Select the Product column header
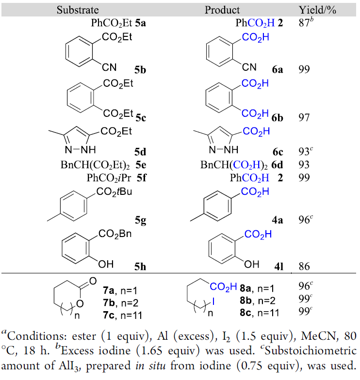222,10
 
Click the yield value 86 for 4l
305,266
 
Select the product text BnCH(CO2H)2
234,165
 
